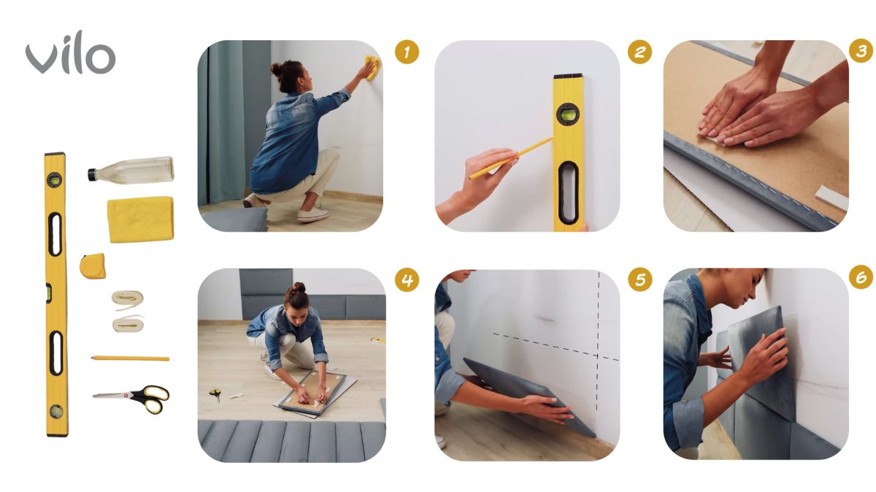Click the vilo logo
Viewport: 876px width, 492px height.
point(70,52)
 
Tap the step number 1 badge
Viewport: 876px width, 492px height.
point(407,52)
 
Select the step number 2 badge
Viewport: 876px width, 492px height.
point(639,52)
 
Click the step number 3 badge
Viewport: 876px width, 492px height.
point(861,51)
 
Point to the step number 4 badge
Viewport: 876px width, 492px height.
point(407,280)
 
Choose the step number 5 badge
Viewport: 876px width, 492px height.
point(640,279)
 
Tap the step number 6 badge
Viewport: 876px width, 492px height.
point(861,277)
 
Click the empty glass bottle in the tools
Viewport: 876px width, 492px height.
point(131,170)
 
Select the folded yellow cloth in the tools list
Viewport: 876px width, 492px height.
point(140,219)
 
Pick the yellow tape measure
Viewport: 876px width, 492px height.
point(93,266)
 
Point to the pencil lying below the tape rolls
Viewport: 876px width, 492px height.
point(130,358)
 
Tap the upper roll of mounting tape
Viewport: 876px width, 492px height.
point(128,300)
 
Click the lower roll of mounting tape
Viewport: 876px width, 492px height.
point(128,324)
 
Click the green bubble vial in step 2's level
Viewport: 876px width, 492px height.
point(567,114)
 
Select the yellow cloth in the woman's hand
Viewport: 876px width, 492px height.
point(371,67)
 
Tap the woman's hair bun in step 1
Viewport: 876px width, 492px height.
point(277,69)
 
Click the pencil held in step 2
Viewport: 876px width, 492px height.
point(511,159)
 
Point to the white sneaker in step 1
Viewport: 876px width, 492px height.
point(312,214)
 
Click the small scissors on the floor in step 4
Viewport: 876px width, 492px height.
point(215,394)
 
